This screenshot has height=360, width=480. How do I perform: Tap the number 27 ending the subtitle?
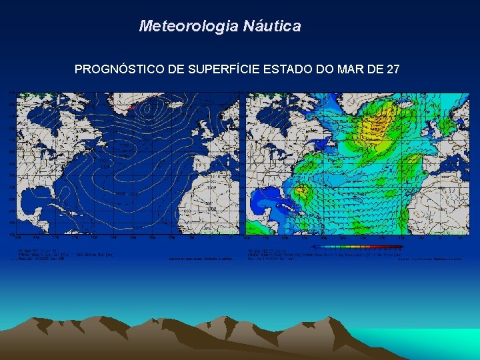click(x=393, y=69)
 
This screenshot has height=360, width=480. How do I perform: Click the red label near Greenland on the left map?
click(x=131, y=107)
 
